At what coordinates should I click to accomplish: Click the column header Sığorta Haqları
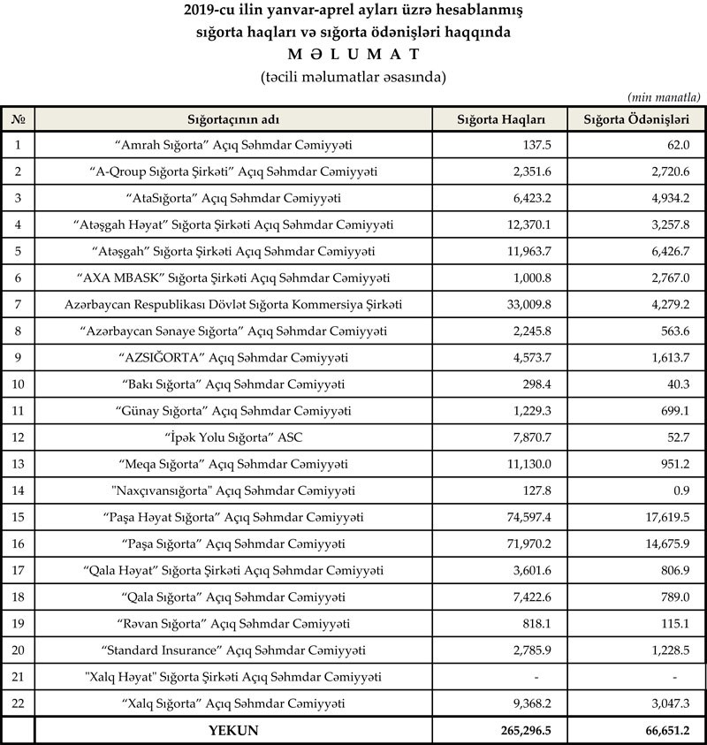pyautogui.click(x=499, y=119)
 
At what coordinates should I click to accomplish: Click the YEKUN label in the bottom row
pyautogui.click(x=232, y=731)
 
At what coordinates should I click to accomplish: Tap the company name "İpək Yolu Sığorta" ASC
pyautogui.click(x=233, y=437)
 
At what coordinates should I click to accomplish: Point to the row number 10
pyautogui.click(x=18, y=384)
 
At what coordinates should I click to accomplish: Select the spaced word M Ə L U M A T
pyautogui.click(x=353, y=54)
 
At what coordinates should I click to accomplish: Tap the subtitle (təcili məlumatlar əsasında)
pyautogui.click(x=353, y=77)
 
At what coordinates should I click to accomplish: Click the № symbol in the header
pyautogui.click(x=18, y=119)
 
